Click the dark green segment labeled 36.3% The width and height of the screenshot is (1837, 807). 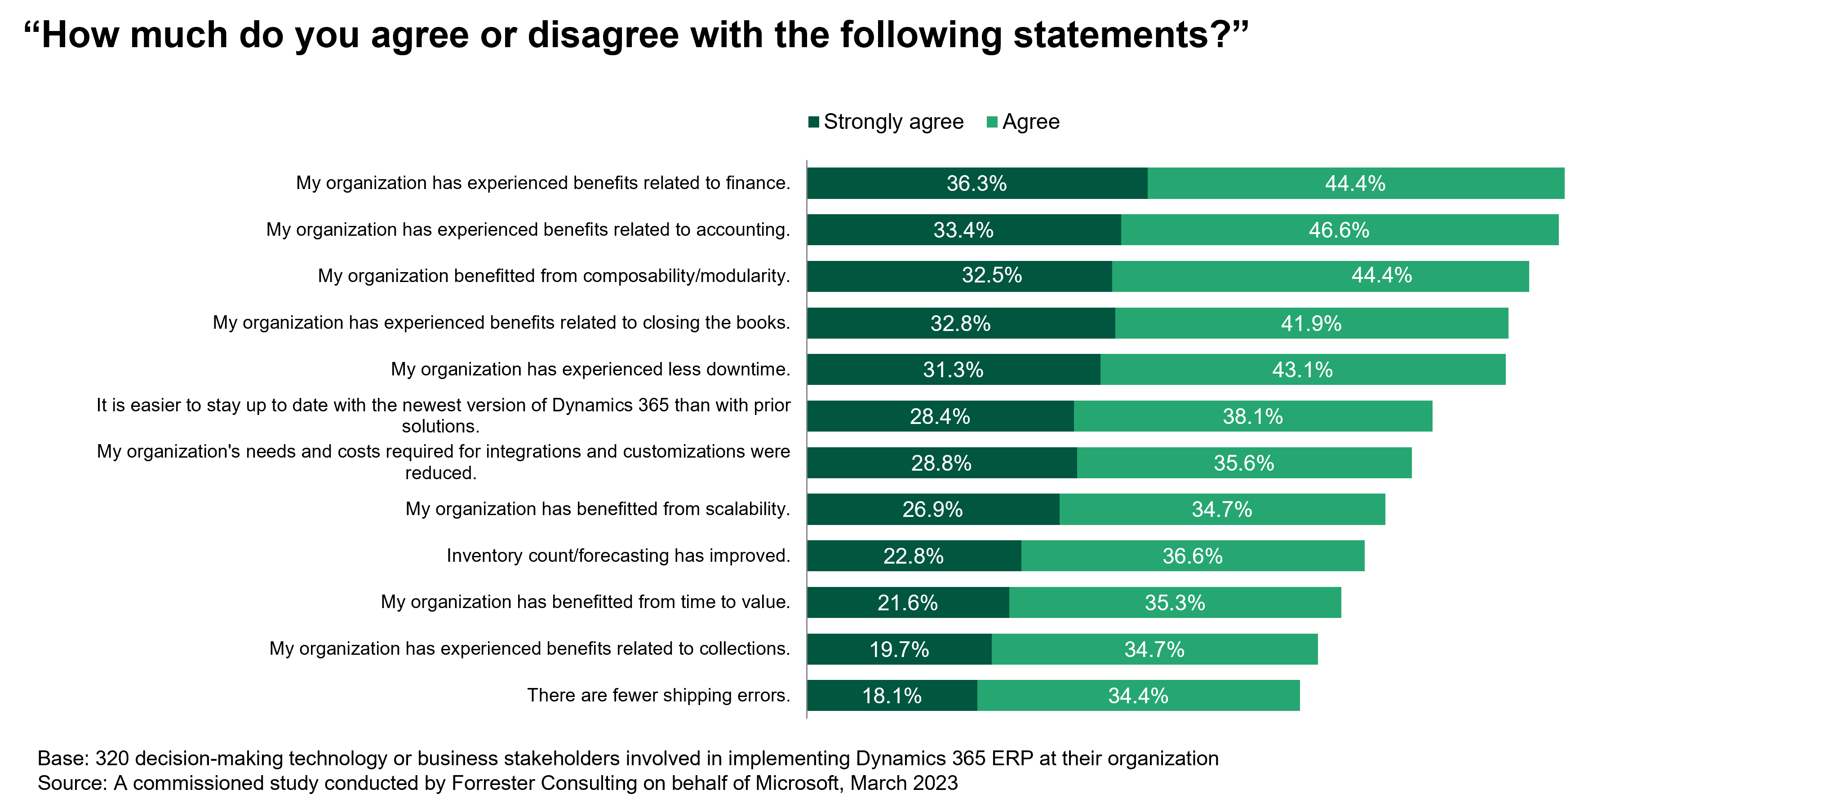click(x=977, y=183)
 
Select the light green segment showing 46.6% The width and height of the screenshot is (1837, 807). click(x=1339, y=229)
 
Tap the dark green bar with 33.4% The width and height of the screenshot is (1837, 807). click(x=963, y=229)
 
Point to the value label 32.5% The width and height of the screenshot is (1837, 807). click(x=991, y=275)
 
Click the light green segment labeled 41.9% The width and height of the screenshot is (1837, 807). click(x=1311, y=323)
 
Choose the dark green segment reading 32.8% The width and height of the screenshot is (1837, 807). click(x=961, y=323)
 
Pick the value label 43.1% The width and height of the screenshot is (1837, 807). click(x=1302, y=369)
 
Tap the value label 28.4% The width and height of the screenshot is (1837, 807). click(x=940, y=416)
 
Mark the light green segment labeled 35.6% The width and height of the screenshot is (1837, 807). click(x=1244, y=463)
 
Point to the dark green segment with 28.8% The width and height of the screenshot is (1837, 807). click(x=941, y=463)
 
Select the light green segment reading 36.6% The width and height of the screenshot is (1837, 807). click(x=1192, y=556)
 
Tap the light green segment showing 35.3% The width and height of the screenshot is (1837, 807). click(x=1175, y=602)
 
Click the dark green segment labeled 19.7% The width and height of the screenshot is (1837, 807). click(x=899, y=649)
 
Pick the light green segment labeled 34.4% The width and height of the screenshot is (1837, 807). click(x=1138, y=695)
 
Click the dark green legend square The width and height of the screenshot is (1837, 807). click(x=814, y=122)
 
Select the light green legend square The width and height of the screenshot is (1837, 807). click(x=992, y=122)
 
